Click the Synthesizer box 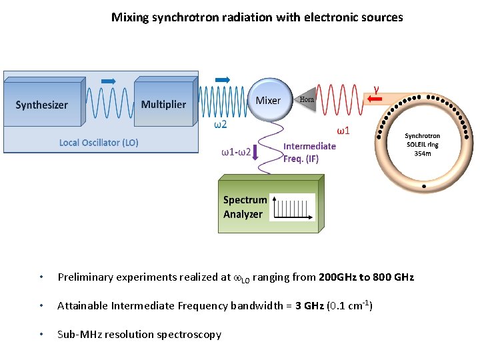[42, 105]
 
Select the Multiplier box [163, 104]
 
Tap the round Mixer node [269, 101]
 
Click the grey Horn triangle [305, 100]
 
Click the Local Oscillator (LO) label [99, 143]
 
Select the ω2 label [220, 124]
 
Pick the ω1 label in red [343, 130]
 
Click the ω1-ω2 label [236, 152]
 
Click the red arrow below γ [375, 100]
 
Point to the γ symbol [377, 87]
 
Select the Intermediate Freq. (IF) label [309, 152]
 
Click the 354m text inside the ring [423, 153]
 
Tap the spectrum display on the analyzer [294, 208]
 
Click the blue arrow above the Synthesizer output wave [108, 81]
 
